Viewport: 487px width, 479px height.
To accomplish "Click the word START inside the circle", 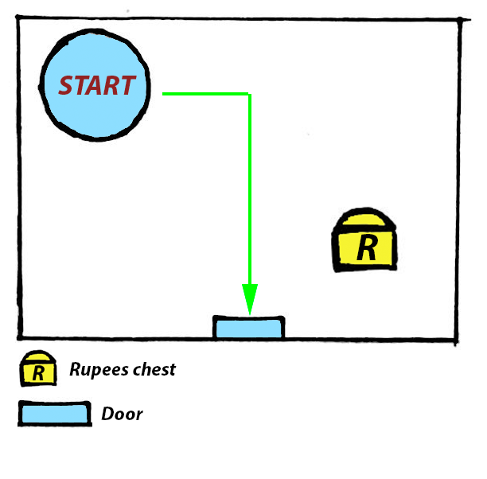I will point(97,85).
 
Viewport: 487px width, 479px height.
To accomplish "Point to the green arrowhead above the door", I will point(250,300).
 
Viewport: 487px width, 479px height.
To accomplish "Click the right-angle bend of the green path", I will point(250,94).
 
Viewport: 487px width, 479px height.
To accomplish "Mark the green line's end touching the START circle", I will point(164,94).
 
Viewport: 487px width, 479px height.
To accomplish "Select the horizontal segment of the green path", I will point(207,94).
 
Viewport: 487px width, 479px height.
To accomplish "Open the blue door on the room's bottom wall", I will point(249,328).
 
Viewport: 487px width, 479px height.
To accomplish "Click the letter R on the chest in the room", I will point(366,247).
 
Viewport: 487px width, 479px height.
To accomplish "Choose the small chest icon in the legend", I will point(37,368).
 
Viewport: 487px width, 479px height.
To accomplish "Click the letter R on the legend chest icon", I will point(38,372).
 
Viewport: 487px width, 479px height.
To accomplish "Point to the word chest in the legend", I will point(154,369).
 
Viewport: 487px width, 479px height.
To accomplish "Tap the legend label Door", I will point(122,415).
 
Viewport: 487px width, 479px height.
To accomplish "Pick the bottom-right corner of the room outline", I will point(458,337).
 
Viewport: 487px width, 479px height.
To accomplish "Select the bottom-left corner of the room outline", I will point(21,336).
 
